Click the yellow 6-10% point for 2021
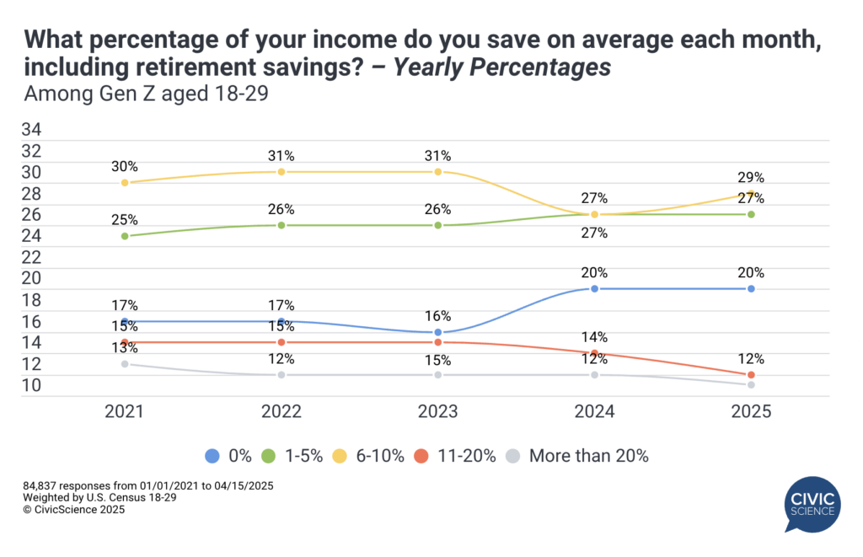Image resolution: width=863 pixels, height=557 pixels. point(125,183)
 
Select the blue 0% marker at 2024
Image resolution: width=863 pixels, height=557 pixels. point(595,289)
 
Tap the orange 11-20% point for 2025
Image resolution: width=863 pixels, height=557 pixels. point(751,374)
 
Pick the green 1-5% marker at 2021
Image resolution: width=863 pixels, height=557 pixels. point(125,236)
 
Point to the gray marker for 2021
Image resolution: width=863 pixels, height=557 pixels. point(125,364)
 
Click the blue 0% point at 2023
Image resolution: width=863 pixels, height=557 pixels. point(438,332)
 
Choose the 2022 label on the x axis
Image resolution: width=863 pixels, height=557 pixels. point(281,412)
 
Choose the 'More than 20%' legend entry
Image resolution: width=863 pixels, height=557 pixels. point(578,456)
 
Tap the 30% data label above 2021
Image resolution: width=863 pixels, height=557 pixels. point(125,167)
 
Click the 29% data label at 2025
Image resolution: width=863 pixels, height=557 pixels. point(750,178)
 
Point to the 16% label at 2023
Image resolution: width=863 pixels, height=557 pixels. point(438,316)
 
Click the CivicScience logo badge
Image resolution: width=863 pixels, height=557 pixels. point(812,504)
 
